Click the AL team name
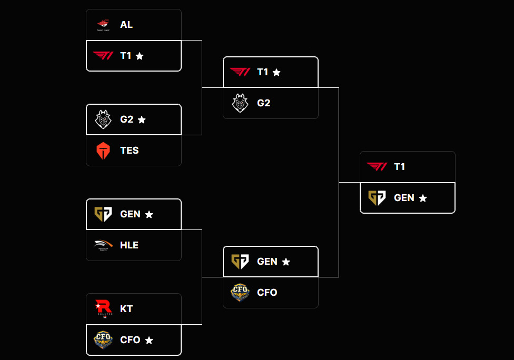tap(126, 25)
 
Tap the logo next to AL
tap(103, 24)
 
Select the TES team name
tap(129, 151)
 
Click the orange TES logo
tap(103, 151)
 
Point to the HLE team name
tap(129, 245)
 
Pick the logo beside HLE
tap(103, 245)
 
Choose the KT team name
tap(126, 308)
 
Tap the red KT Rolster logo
tap(103, 308)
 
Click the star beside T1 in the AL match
tap(140, 56)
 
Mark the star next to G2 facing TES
tap(142, 119)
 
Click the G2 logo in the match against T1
tap(240, 103)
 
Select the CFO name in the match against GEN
tap(267, 293)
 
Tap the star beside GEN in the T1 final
tap(423, 198)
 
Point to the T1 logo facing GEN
tap(377, 167)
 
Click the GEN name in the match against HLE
tap(130, 214)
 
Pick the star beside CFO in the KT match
tap(149, 341)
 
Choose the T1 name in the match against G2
tap(262, 72)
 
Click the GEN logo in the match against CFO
tap(240, 262)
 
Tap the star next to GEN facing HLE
tap(149, 214)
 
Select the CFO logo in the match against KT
tap(103, 340)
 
